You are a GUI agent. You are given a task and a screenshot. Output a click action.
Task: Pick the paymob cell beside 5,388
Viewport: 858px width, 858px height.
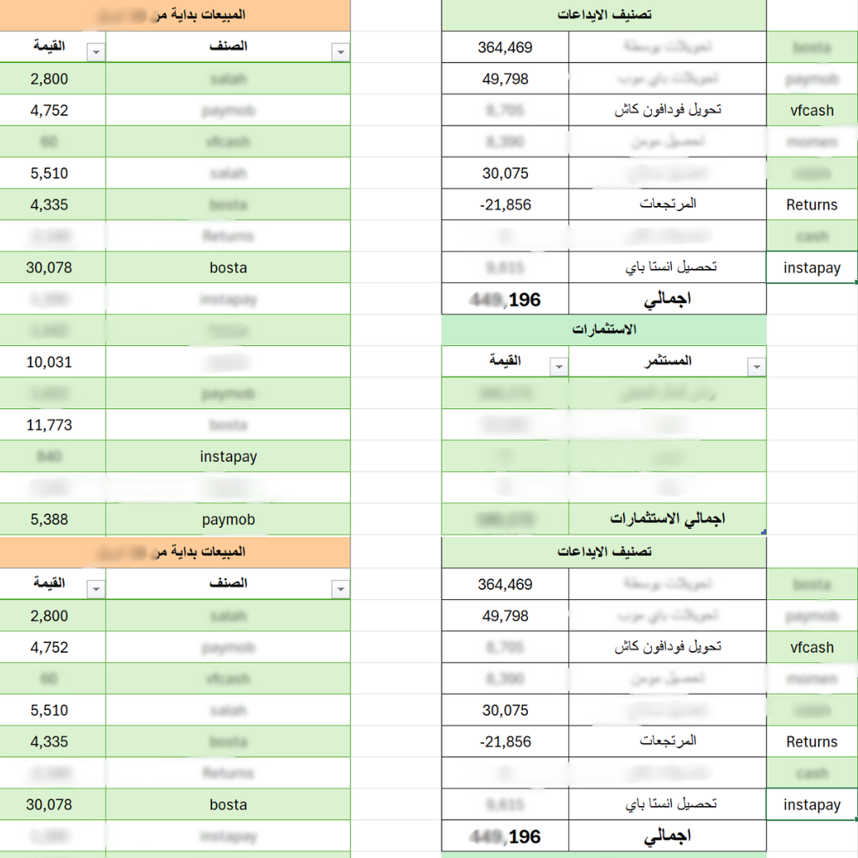[228, 519]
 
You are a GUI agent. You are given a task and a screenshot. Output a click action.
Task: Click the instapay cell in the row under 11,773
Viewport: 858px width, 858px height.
[228, 457]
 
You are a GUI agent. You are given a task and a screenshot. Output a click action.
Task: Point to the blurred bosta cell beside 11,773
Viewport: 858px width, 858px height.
[228, 425]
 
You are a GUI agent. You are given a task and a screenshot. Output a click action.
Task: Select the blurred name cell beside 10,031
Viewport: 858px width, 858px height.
[228, 362]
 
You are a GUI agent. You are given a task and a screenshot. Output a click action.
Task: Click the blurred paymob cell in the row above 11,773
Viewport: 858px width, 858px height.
[228, 394]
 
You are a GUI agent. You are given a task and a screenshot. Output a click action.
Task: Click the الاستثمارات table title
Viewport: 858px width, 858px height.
[603, 329]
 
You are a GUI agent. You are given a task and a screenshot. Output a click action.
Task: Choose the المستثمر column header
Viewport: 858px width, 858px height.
[666, 361]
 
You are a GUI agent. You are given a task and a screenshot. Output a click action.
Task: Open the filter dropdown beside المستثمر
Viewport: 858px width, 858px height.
[757, 367]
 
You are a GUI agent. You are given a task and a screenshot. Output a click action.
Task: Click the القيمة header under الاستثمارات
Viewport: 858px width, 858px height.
[504, 361]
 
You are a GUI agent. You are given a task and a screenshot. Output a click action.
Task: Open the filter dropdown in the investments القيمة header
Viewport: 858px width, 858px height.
[558, 367]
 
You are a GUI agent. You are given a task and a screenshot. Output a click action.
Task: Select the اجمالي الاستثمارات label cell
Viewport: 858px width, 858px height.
[667, 519]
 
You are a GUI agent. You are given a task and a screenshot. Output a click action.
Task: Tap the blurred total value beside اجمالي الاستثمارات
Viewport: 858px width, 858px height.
[504, 519]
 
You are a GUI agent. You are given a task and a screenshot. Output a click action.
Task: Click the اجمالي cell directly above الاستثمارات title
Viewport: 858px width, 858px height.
[667, 298]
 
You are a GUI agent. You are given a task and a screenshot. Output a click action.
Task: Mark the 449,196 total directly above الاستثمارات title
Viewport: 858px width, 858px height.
[505, 299]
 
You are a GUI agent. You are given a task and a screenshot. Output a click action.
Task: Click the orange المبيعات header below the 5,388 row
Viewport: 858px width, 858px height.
[174, 552]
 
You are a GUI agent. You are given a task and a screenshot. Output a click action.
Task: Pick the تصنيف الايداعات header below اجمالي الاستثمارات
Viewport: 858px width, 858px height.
[603, 552]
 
